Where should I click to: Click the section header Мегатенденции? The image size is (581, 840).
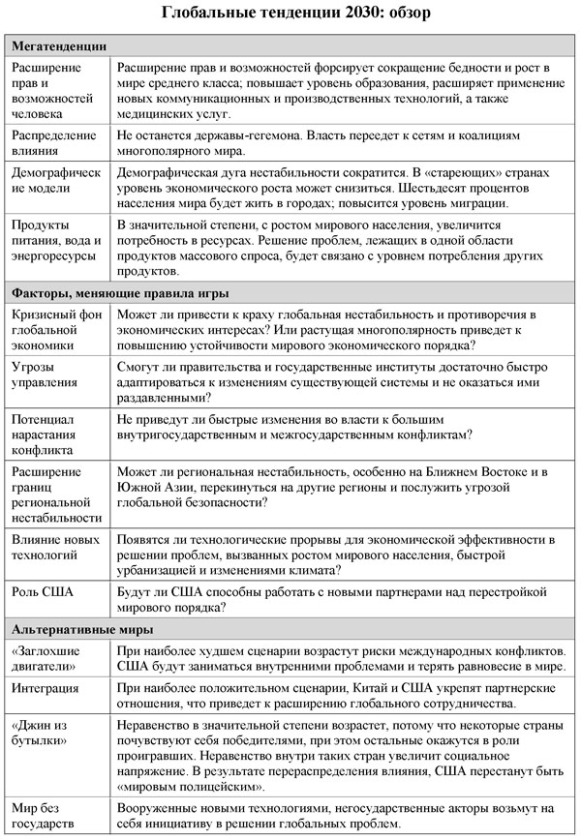pos(59,45)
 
